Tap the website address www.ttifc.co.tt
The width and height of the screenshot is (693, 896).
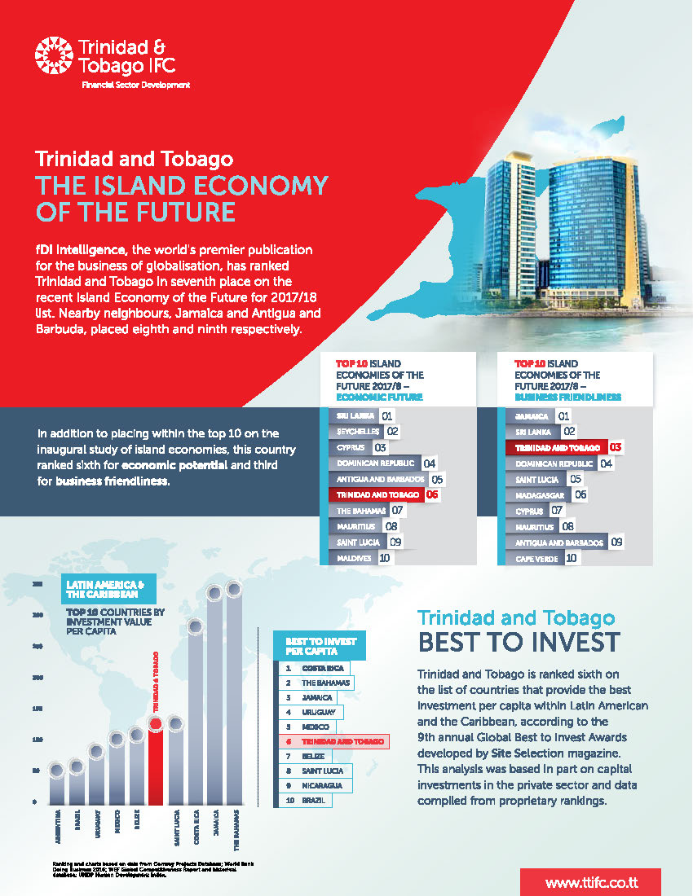(x=590, y=882)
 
